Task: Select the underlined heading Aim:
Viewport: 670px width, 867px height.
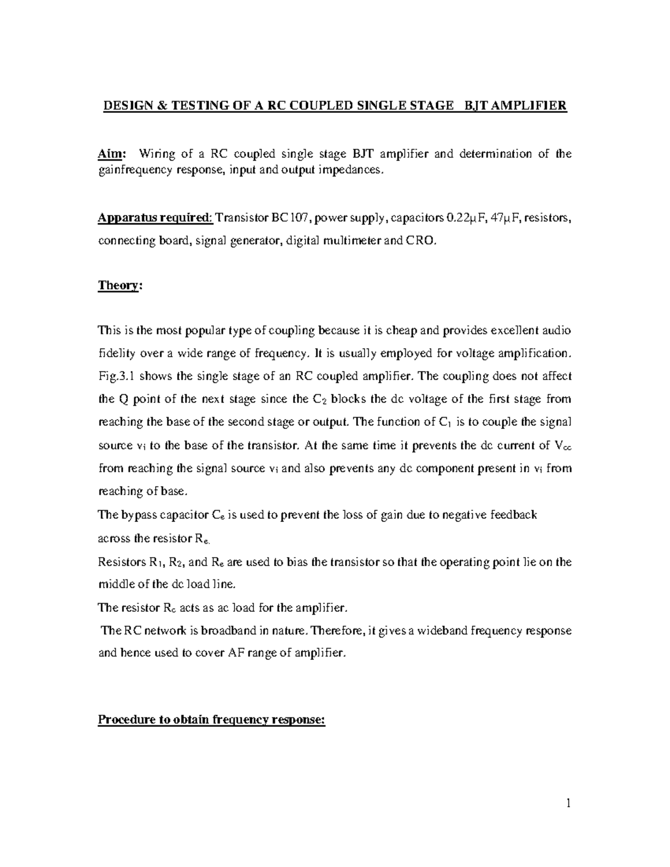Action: [x=113, y=154]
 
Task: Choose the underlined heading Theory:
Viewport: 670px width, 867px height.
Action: [x=120, y=285]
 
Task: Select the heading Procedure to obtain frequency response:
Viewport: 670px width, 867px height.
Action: [x=211, y=720]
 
